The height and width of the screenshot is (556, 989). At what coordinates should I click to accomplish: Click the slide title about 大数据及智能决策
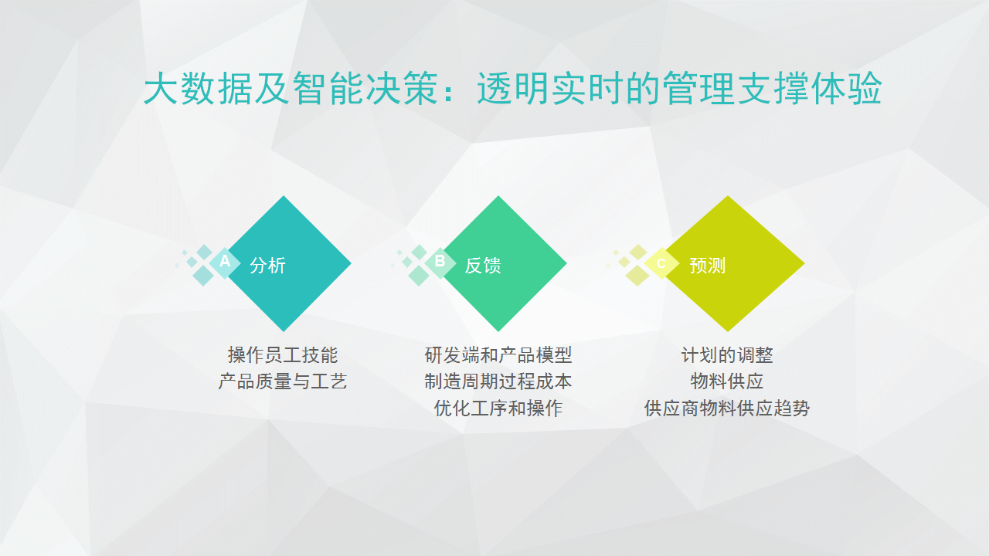pos(512,88)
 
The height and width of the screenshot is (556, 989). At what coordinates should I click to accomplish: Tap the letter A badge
pos(225,263)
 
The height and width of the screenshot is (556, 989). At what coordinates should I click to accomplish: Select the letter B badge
pos(440,263)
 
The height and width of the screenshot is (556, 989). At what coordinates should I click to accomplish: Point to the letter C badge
pos(661,263)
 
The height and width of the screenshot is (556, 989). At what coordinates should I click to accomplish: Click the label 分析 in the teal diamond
pos(267,265)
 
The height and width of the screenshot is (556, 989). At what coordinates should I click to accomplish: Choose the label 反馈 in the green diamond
pos(483,265)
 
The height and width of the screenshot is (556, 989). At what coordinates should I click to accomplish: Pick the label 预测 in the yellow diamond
pos(708,265)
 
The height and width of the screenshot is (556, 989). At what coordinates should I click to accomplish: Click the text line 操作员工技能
pos(283,354)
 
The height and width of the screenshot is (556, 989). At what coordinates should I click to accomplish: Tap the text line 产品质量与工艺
pos(283,381)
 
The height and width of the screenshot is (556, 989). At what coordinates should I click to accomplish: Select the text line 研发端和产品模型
pos(498,354)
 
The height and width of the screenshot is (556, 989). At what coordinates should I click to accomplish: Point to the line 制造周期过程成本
pos(498,381)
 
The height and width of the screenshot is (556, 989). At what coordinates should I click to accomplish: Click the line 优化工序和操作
pos(498,409)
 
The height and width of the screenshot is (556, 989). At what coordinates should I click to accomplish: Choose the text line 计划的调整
pos(727,354)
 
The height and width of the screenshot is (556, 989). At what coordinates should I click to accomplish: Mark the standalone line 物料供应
pos(727,381)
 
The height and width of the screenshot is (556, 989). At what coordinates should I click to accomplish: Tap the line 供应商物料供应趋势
pos(727,409)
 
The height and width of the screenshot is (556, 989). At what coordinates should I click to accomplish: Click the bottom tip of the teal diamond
pos(284,331)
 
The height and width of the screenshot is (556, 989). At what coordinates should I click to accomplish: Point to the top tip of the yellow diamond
pos(728,196)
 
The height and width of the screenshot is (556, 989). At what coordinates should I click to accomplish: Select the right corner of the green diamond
pos(566,263)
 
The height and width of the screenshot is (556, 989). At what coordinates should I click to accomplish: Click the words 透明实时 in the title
pos(551,88)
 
